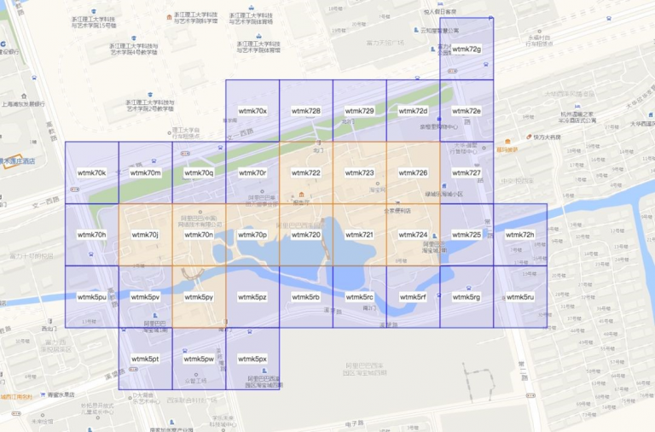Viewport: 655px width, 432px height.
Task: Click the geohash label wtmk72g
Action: pos(467,50)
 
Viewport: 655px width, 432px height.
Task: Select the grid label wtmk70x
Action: pos(252,111)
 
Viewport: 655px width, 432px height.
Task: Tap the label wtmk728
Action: pos(306,111)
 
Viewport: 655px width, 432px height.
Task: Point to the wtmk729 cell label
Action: pos(360,111)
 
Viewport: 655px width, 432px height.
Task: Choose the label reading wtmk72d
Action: pos(413,111)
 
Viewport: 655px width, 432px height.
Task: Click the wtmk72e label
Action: pos(467,111)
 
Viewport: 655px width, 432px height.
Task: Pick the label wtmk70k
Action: pos(91,173)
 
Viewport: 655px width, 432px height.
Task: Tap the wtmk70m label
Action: pos(146,173)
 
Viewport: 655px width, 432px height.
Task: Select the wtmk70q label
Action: pos(199,173)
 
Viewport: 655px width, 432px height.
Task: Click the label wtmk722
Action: pos(306,173)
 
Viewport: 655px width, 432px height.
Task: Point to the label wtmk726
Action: pos(413,173)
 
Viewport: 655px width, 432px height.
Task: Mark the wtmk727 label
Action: pos(467,173)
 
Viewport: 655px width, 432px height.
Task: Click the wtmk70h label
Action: pos(91,235)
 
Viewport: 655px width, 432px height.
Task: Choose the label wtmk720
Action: pos(306,235)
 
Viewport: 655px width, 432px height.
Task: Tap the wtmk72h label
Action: pos(519,235)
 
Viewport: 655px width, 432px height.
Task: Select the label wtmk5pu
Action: pos(91,297)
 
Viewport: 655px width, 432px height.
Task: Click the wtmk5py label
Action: pos(199,297)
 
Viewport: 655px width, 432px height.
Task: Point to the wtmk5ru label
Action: pos(519,297)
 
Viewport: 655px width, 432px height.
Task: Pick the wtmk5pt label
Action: pos(146,359)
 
